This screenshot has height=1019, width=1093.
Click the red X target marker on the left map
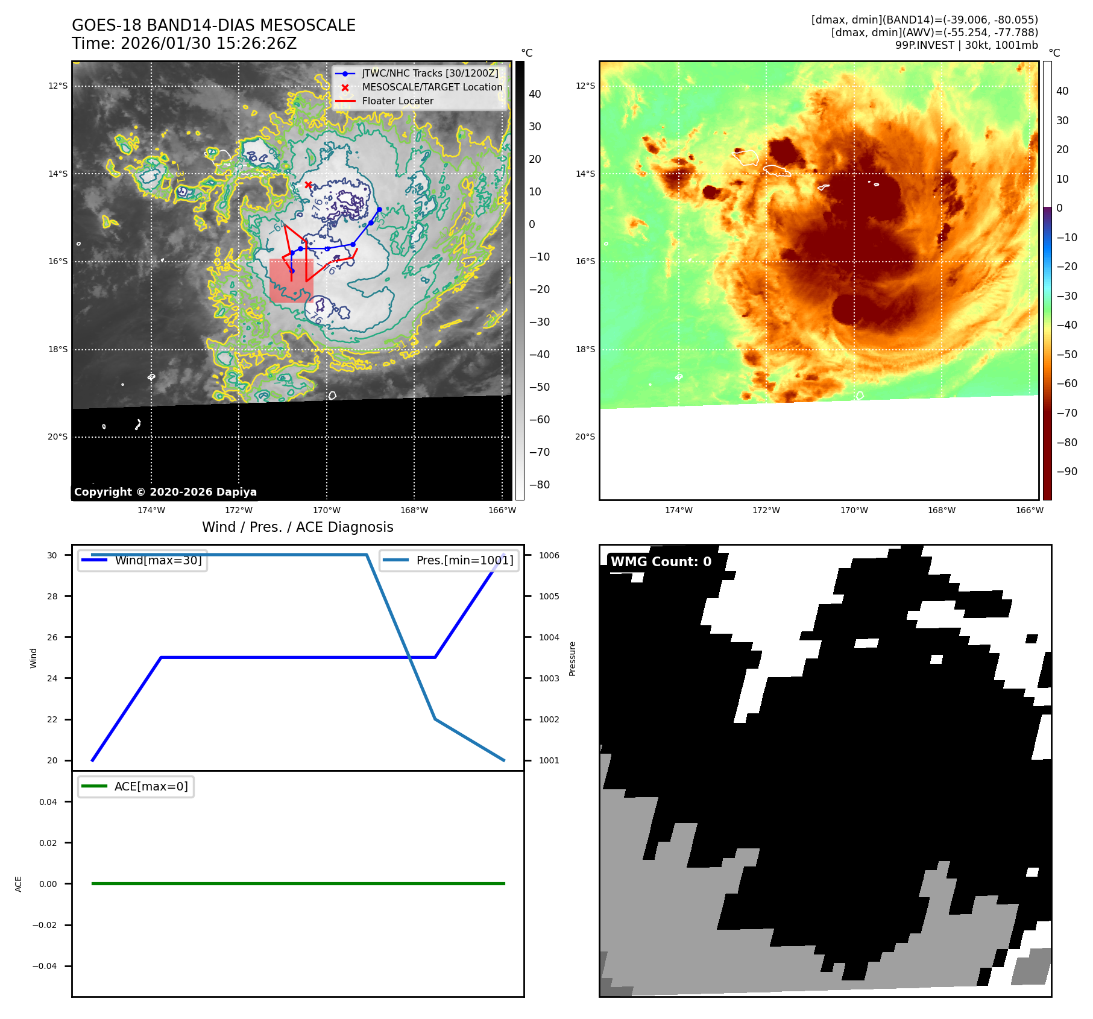point(308,185)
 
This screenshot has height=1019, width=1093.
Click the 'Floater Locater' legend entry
point(397,101)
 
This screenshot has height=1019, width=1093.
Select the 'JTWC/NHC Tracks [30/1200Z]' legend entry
point(430,74)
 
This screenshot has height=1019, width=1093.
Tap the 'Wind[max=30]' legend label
point(158,560)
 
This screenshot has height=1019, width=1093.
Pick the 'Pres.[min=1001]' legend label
point(464,560)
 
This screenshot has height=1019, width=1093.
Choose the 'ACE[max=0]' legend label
point(151,786)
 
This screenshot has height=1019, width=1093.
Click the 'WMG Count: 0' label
point(661,561)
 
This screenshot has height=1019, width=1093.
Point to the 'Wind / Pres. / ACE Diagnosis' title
point(297,527)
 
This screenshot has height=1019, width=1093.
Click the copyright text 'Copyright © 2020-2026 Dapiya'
point(165,492)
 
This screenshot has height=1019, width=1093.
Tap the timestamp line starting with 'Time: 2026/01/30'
point(184,43)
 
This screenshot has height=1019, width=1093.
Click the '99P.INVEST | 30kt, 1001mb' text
point(966,45)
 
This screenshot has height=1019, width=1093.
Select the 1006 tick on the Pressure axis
point(549,555)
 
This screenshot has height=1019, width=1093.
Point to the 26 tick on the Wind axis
point(52,637)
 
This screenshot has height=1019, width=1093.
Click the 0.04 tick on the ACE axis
point(48,802)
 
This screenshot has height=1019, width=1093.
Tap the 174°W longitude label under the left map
point(151,510)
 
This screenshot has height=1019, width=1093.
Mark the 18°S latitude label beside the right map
point(585,349)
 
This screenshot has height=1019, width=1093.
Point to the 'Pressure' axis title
point(573,658)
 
